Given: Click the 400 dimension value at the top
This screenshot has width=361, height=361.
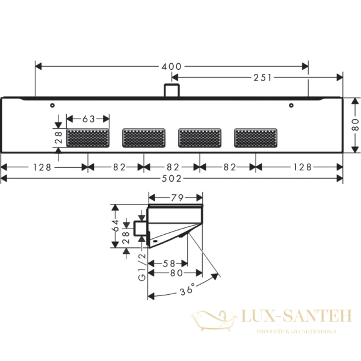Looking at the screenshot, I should coord(172,66).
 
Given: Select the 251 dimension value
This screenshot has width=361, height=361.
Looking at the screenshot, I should coord(262,77).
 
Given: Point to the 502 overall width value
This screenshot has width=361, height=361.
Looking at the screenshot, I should coord(172,178).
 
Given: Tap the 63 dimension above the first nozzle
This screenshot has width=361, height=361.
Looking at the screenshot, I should coord(88,119).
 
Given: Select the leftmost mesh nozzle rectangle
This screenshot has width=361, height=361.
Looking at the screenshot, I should coord(88,138).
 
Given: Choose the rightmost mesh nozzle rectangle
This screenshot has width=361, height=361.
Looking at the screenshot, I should coord(256,138).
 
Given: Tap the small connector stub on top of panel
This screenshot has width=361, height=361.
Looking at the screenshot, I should coord(171,90).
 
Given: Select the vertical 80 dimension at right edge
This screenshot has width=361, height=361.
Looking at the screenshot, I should coord(354,125).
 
